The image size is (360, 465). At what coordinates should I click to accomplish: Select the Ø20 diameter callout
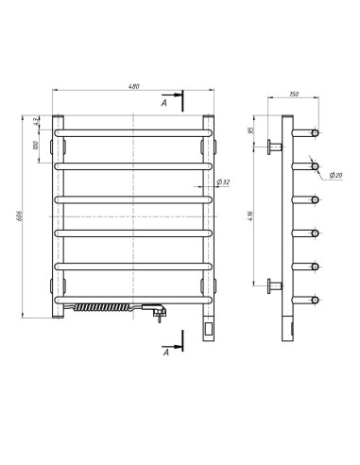coord(335,175)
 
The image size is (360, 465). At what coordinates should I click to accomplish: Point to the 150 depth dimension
coord(295,95)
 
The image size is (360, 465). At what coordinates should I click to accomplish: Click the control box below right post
coord(209,330)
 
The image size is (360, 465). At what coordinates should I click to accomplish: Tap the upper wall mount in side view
coord(275,146)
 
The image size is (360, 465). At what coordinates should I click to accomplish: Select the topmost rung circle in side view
coord(310,131)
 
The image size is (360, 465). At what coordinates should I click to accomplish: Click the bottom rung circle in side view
coord(310,301)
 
